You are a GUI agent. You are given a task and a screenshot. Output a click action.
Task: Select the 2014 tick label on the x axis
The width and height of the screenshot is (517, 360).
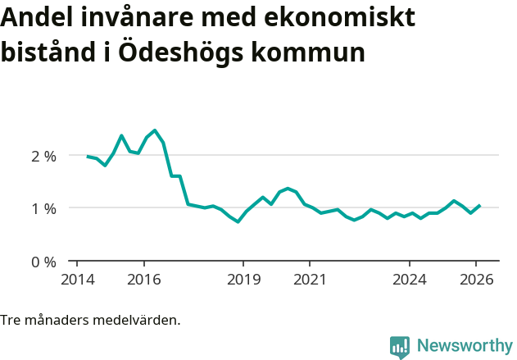click(x=77, y=279)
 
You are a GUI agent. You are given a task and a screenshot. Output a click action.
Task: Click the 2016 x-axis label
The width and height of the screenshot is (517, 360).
click(x=143, y=279)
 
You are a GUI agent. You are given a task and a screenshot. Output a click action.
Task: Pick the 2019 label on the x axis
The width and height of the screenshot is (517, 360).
click(x=243, y=279)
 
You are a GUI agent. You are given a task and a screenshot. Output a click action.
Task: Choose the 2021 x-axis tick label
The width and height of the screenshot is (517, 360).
click(x=310, y=279)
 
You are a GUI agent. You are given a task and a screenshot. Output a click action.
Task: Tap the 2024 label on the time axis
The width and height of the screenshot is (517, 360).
click(x=410, y=279)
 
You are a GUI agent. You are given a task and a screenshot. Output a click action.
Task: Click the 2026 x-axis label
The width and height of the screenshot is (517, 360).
click(x=476, y=279)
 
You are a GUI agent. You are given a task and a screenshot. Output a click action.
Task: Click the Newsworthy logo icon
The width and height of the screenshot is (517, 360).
click(x=400, y=347)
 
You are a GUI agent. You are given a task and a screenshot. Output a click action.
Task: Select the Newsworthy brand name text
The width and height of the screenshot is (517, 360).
click(x=464, y=346)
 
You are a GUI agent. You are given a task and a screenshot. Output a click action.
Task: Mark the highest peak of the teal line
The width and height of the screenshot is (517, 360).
click(x=155, y=130)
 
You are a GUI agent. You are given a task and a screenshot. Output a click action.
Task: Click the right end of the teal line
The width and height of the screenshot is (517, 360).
click(x=480, y=206)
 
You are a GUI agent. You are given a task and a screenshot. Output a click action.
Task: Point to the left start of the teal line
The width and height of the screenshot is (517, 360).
click(x=87, y=156)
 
